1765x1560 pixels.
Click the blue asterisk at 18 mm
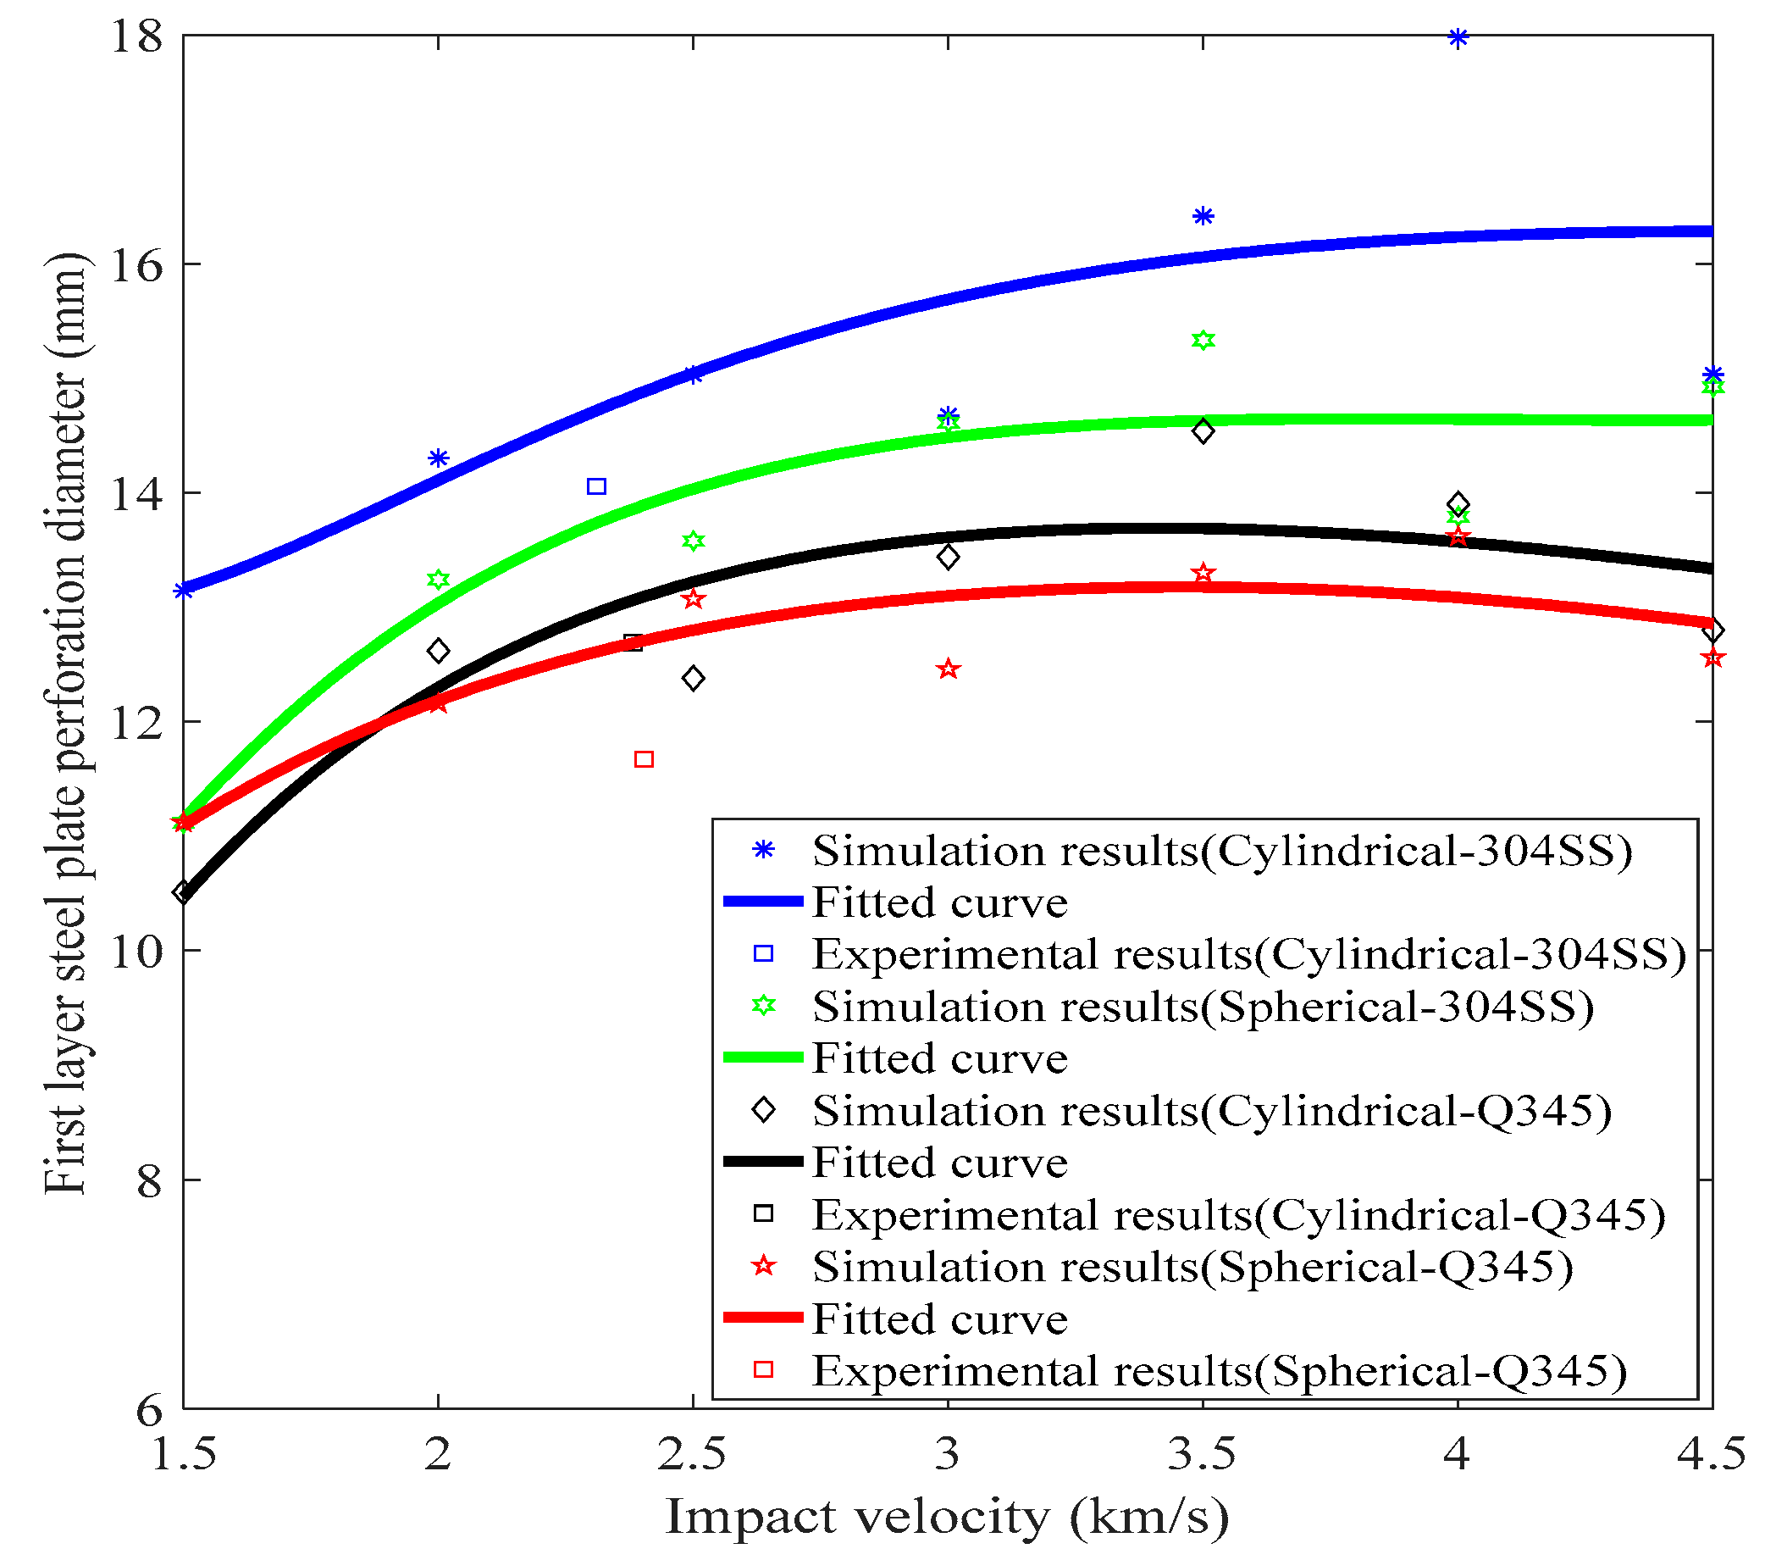[x=1458, y=37]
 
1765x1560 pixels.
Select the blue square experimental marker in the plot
[x=596, y=486]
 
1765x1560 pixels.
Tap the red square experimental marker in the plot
[x=644, y=759]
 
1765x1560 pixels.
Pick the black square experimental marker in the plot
[x=633, y=641]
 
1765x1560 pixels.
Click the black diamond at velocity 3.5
[x=1203, y=431]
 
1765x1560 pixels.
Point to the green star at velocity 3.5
[x=1203, y=341]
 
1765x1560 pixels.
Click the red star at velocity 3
[x=948, y=669]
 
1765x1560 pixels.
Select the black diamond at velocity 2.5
[x=693, y=678]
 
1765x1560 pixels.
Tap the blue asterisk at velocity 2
[x=439, y=458]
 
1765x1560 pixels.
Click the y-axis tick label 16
[x=136, y=265]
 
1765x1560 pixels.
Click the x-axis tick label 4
[x=1457, y=1454]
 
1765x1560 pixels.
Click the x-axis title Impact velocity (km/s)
[x=946, y=1517]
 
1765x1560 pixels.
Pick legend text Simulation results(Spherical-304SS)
[x=1203, y=1007]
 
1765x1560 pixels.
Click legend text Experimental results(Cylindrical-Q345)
[x=1238, y=1214]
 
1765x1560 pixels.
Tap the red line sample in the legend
[x=762, y=1318]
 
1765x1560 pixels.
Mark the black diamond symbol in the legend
[x=763, y=1110]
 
